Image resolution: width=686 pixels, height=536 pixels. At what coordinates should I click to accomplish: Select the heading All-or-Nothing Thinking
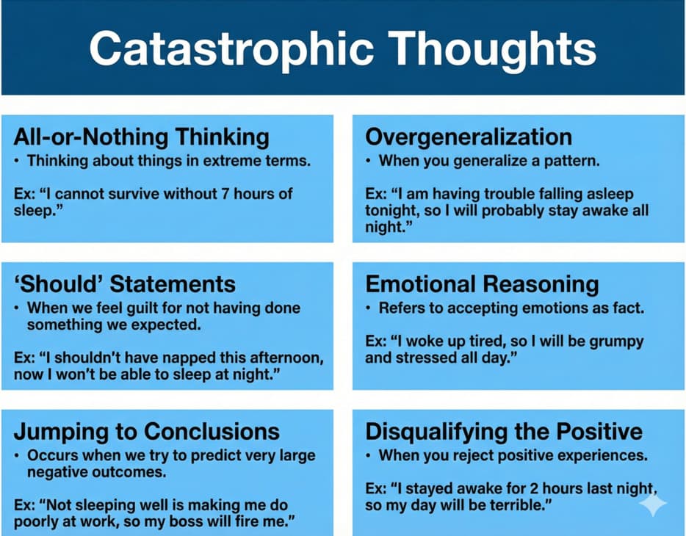141,137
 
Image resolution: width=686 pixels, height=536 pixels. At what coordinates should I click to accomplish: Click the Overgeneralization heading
468,137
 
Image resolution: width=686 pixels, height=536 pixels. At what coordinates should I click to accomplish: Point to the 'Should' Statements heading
124,284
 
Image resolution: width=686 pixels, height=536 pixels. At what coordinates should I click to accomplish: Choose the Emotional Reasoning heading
482,284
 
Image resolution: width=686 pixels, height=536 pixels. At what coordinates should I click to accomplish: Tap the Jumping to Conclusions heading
146,431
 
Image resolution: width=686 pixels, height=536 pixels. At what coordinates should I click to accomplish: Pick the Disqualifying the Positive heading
503,431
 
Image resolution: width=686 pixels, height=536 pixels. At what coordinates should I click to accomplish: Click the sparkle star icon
653,505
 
